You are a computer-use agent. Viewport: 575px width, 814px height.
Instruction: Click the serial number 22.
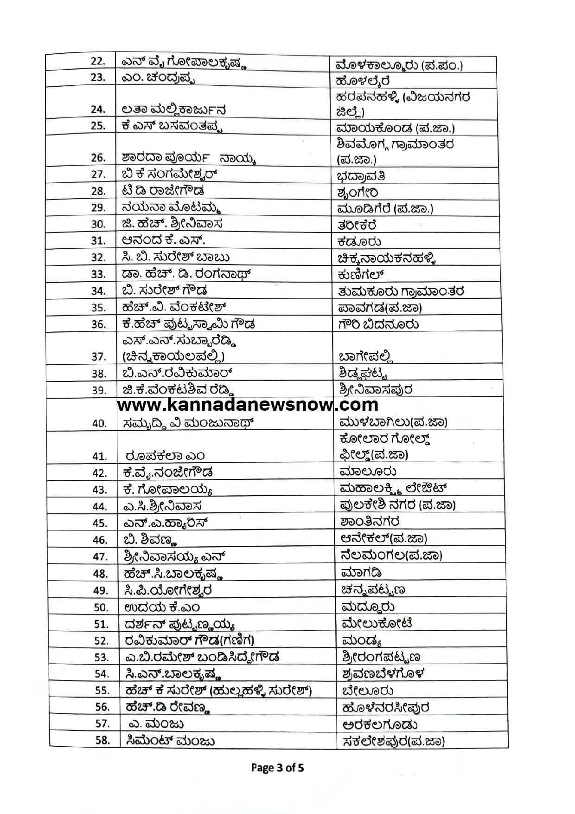[98, 61]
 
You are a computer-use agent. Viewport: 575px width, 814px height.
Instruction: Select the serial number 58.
[102, 740]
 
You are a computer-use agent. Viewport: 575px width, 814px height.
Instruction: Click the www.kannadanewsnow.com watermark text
[248, 405]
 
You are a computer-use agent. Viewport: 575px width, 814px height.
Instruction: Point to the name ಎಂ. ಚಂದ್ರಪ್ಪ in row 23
[158, 78]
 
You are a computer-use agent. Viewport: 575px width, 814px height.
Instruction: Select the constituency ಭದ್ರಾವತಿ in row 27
[361, 177]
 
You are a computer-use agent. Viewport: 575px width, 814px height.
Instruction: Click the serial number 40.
[99, 423]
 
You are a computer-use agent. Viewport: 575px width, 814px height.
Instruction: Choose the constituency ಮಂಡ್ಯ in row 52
[361, 641]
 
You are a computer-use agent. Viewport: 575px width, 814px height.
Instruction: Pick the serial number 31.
[98, 241]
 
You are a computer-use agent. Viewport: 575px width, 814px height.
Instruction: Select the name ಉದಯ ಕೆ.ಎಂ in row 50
[162, 607]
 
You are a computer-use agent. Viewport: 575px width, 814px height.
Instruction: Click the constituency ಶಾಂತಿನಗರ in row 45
[370, 522]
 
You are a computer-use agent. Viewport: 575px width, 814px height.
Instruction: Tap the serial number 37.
[99, 356]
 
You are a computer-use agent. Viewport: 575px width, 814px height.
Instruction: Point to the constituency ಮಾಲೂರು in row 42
[367, 472]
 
